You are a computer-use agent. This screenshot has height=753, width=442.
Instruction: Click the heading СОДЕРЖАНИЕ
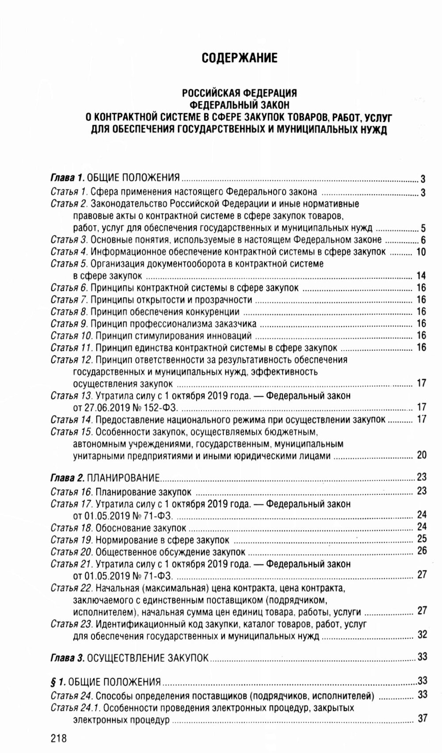pos(239,58)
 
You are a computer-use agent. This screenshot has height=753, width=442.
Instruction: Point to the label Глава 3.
pos(67,657)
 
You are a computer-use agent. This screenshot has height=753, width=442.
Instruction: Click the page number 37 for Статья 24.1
pos(422,719)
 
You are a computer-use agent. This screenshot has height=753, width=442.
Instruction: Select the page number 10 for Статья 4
pos(421,252)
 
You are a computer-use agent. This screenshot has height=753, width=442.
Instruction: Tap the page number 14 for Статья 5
pos(421,276)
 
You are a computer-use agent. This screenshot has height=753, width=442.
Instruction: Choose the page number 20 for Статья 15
pos(421,455)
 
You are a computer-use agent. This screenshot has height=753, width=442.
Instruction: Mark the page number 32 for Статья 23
pos(422,635)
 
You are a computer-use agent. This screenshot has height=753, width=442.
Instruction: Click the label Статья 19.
pos(72,540)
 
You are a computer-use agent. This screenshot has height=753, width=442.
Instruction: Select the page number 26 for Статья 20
pos(422,551)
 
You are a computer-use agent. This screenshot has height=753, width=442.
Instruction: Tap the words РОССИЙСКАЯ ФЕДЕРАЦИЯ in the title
pos(239,93)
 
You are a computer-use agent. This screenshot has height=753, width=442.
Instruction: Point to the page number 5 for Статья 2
pos(423,229)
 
